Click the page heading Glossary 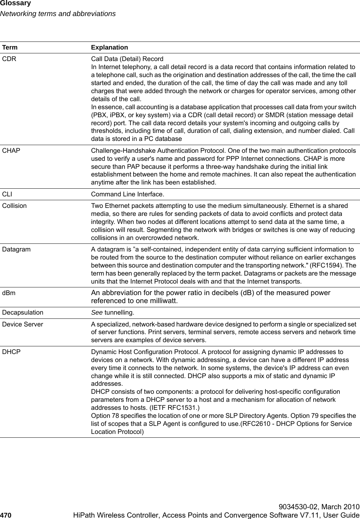pyautogui.click(x=15, y=3)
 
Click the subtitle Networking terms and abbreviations pyautogui.click(x=58, y=14)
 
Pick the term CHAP pyautogui.click(x=11, y=151)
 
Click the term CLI pyautogui.click(x=7, y=194)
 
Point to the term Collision pyautogui.click(x=14, y=206)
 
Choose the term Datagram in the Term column pyautogui.click(x=16, y=249)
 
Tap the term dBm pyautogui.click(x=9, y=293)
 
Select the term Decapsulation pyautogui.click(x=23, y=312)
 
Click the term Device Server pyautogui.click(x=23, y=324)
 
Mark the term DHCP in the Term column pyautogui.click(x=11, y=352)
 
